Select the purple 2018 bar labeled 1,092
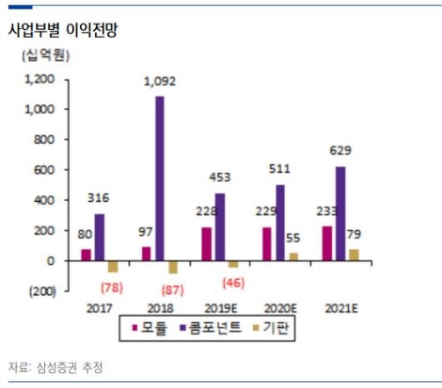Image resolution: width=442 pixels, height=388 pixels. point(160,178)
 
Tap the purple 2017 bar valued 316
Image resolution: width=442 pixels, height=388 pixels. point(99,237)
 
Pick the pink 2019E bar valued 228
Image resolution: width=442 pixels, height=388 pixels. point(205,243)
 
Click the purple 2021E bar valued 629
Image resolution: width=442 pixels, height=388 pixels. point(339,213)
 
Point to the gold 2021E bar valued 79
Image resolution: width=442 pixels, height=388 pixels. point(353,255)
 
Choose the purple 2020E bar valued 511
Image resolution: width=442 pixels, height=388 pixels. point(279,223)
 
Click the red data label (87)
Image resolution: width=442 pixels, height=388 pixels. point(172,290)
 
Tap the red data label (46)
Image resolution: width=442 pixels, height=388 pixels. point(231,282)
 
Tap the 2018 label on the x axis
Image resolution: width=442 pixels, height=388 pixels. point(159,308)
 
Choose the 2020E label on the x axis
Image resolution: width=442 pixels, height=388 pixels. point(279,308)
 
